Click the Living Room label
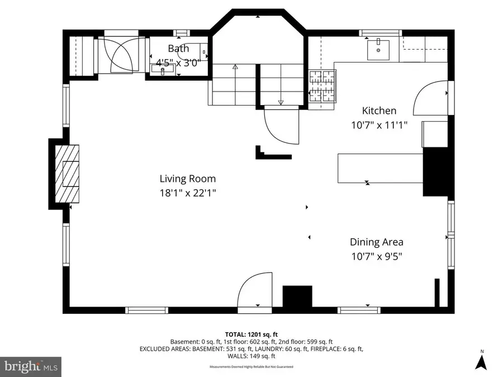tap(187, 179)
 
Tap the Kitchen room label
tap(379, 111)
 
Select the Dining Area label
tap(376, 242)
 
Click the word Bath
tap(179, 49)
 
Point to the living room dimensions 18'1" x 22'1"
tap(187, 193)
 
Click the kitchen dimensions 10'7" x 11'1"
tap(379, 125)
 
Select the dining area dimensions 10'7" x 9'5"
tap(376, 256)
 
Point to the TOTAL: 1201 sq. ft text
tap(251, 333)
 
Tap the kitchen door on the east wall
tap(430, 98)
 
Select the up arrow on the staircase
tap(235, 67)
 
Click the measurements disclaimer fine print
tap(251, 367)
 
